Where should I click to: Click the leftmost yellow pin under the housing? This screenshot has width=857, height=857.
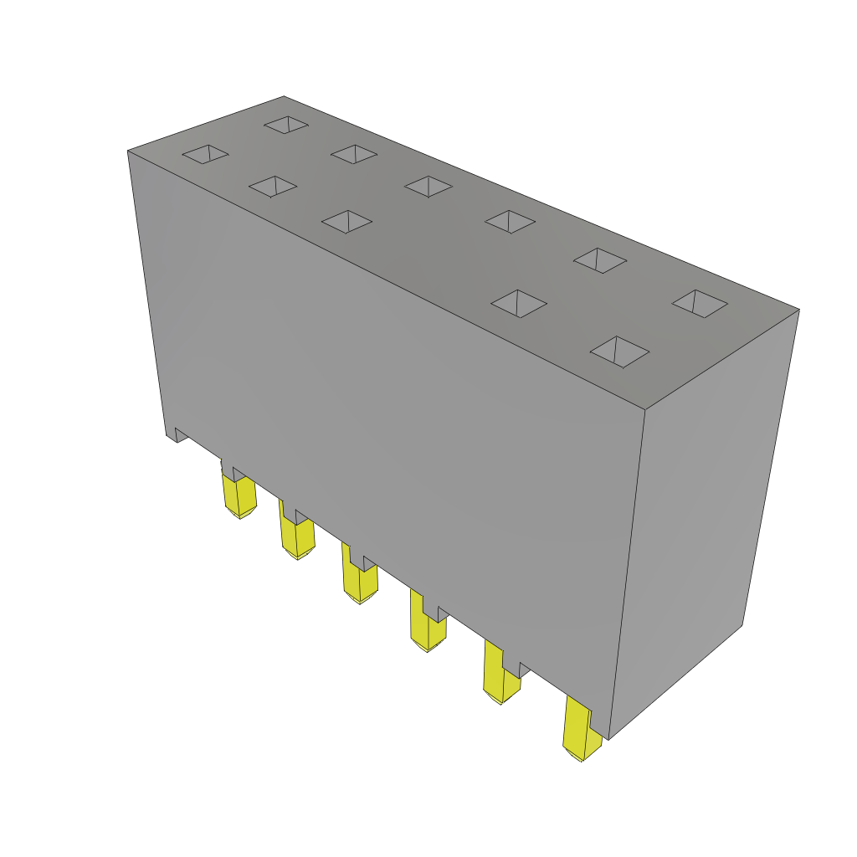click(x=239, y=495)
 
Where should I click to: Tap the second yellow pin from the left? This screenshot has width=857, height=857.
click(x=297, y=536)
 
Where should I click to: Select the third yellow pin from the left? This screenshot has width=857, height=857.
click(x=360, y=582)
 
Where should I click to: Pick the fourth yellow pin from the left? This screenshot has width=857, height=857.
click(x=427, y=629)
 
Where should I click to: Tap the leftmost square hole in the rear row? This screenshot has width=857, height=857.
click(x=286, y=125)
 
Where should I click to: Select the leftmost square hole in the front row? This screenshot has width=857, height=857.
click(x=206, y=154)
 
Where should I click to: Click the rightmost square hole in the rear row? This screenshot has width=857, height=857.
click(x=700, y=303)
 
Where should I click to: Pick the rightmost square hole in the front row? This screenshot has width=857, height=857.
click(x=619, y=352)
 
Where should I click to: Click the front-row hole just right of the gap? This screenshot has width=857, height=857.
click(x=519, y=303)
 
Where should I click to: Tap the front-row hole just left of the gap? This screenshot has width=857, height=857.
click(x=346, y=221)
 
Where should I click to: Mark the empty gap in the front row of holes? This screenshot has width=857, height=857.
click(x=431, y=261)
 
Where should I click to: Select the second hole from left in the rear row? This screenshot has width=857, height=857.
click(x=354, y=154)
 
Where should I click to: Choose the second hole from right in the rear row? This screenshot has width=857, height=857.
click(x=600, y=260)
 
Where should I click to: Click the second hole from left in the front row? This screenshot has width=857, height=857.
click(x=273, y=187)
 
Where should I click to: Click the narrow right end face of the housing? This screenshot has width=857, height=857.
click(x=703, y=519)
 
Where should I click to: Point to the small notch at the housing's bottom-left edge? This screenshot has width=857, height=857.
click(x=178, y=434)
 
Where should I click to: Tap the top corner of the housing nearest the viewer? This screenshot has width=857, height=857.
click(x=645, y=409)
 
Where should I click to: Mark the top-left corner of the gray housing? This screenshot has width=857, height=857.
click(x=129, y=151)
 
